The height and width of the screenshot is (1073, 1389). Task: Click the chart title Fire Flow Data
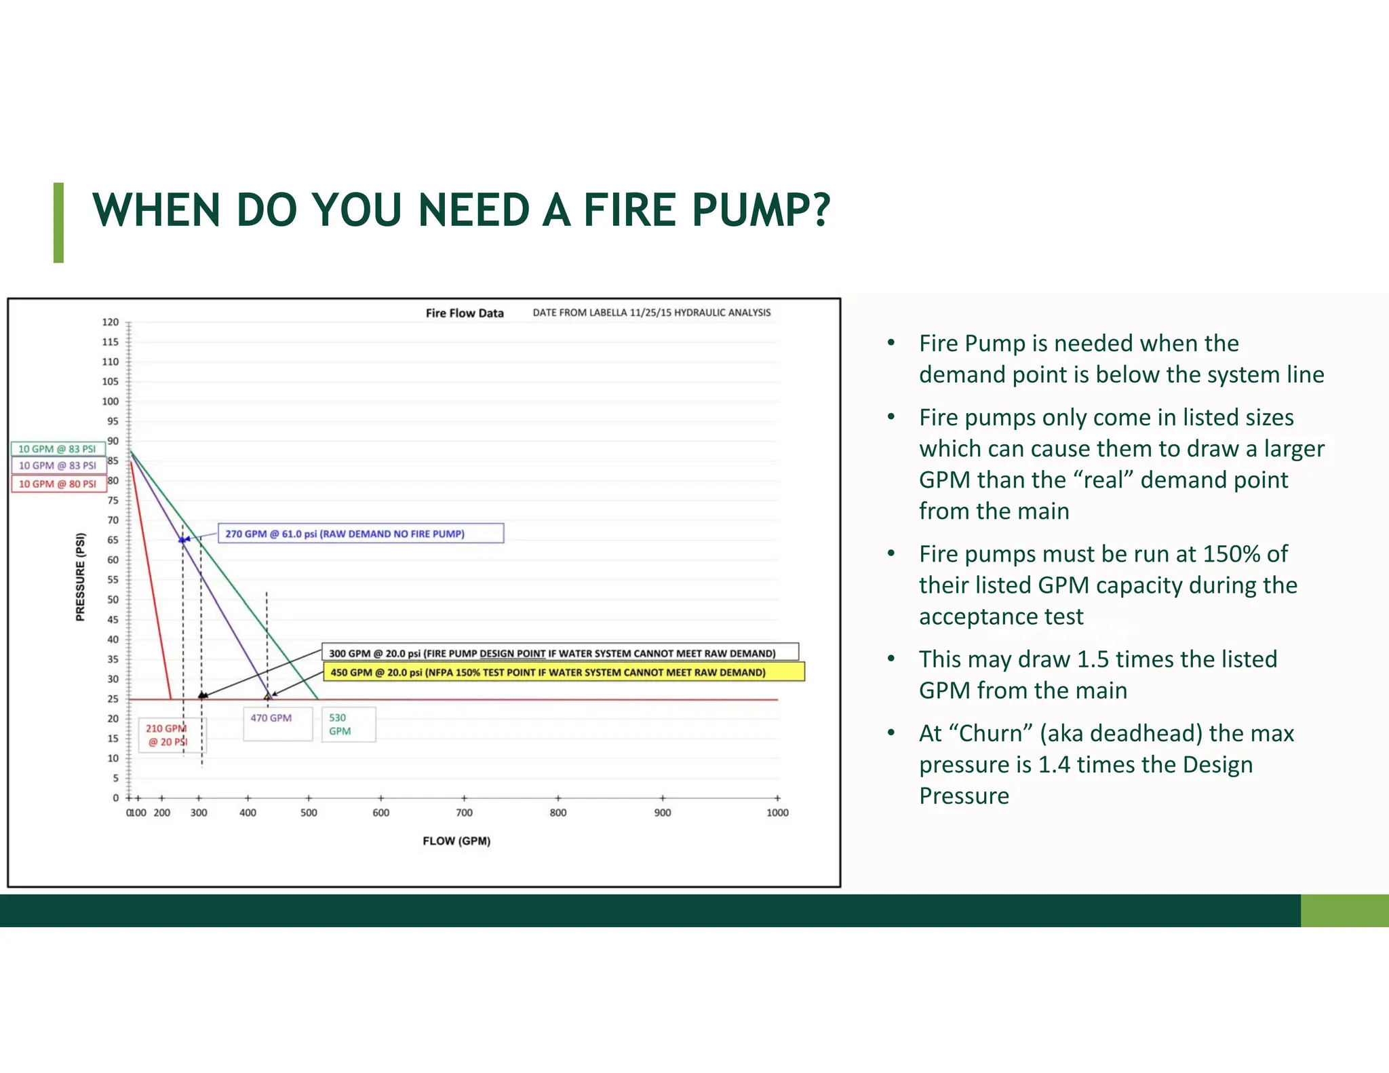[465, 313]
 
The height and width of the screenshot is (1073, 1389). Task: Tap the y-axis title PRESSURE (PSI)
[81, 577]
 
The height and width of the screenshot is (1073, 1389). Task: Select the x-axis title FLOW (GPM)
[456, 840]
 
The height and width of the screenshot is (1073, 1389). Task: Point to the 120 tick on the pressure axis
[111, 322]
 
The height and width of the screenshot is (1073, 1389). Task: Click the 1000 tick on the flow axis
[777, 813]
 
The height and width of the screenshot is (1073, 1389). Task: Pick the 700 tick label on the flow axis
[464, 813]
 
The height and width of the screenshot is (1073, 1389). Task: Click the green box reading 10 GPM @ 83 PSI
[58, 449]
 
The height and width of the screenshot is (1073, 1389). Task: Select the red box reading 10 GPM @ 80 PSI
[58, 484]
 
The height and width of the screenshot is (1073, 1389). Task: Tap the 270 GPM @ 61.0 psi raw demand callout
[360, 533]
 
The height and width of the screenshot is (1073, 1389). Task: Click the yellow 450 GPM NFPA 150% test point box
[563, 672]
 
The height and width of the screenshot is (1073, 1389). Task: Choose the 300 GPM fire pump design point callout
[560, 652]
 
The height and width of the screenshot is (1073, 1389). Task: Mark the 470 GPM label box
[277, 723]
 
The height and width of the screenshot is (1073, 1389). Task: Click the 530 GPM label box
[348, 724]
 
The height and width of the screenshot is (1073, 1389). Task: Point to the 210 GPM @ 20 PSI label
[167, 735]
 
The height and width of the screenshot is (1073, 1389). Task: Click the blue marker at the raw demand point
[182, 540]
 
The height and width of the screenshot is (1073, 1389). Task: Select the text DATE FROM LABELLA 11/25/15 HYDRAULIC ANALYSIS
[651, 313]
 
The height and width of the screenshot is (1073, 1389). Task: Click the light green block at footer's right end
[1344, 910]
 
